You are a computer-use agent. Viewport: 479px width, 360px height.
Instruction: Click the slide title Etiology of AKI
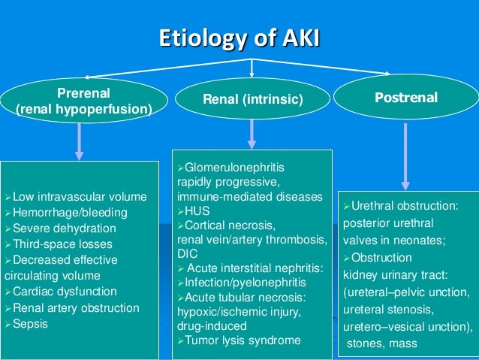[x=239, y=38]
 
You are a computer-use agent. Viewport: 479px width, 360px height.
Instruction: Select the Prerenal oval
[x=83, y=101]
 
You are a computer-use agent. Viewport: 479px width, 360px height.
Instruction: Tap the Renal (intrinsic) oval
[x=252, y=99]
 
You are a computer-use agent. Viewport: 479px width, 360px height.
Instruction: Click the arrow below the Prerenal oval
[x=80, y=141]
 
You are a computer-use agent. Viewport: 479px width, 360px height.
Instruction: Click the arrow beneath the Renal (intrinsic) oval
[x=252, y=133]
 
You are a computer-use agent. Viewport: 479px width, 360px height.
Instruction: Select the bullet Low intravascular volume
[x=75, y=198]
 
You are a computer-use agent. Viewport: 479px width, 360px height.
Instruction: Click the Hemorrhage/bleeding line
[x=65, y=213]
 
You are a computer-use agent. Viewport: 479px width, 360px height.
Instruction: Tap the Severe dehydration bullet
[x=60, y=228]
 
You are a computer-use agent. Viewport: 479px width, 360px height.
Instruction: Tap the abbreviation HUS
[x=194, y=212]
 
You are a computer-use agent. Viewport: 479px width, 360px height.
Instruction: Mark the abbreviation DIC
[x=187, y=254]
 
